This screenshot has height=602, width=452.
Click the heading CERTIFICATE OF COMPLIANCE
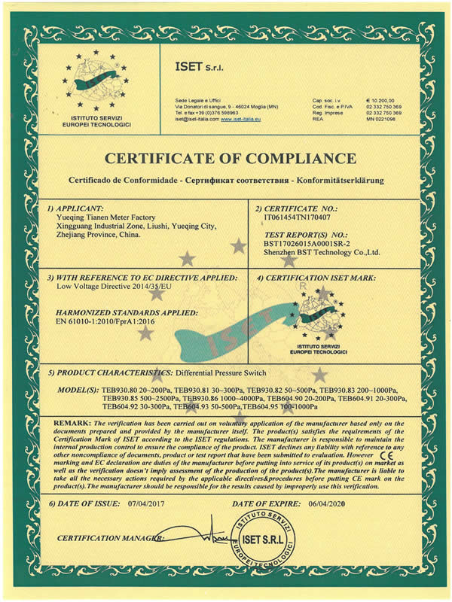(x=226, y=159)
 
